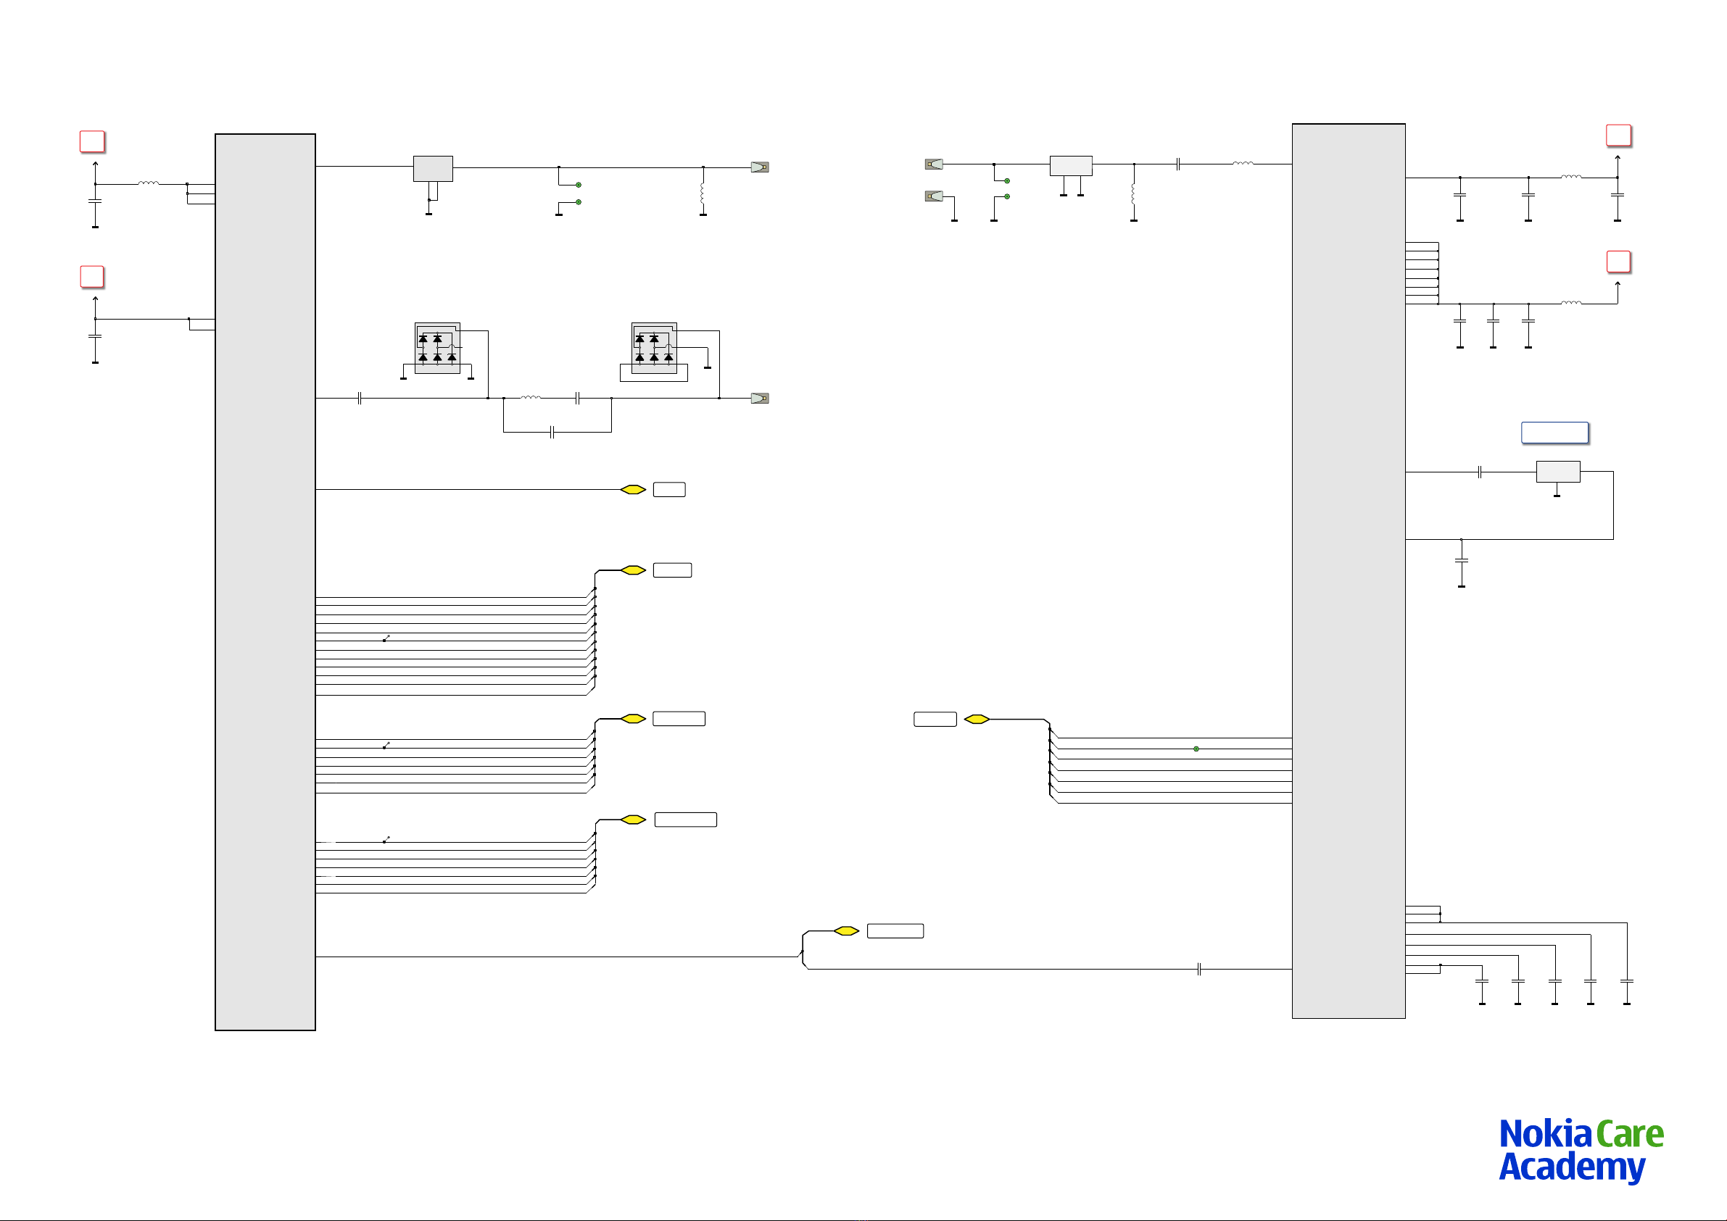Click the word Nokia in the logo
(x=1545, y=1135)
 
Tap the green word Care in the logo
(x=1629, y=1135)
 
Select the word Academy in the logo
(x=1571, y=1167)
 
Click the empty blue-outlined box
(x=1554, y=433)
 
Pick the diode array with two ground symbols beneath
(x=437, y=348)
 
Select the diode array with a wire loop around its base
(x=654, y=348)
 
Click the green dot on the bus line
(x=1196, y=749)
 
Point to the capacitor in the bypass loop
(x=552, y=433)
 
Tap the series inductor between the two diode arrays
(x=530, y=398)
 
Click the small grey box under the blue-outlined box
(x=1557, y=472)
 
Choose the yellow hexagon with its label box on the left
(x=977, y=720)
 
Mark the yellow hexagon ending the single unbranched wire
(x=634, y=489)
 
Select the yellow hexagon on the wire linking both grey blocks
(x=846, y=931)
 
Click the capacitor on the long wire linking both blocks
(x=1199, y=970)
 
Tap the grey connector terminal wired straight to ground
(x=933, y=196)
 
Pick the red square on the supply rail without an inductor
(x=92, y=277)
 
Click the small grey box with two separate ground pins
(x=1070, y=165)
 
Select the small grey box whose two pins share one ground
(x=433, y=168)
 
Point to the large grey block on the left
(x=265, y=582)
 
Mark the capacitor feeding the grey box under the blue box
(x=1480, y=472)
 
